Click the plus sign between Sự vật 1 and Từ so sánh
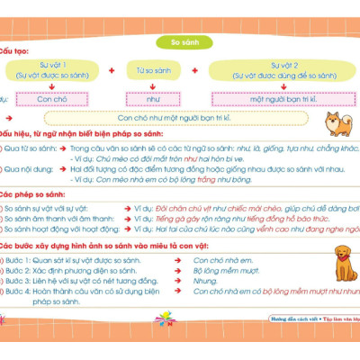[x=111, y=70]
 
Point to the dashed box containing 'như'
[x=153, y=97]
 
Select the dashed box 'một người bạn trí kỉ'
[x=274, y=97]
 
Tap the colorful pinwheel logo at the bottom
[x=165, y=319]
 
